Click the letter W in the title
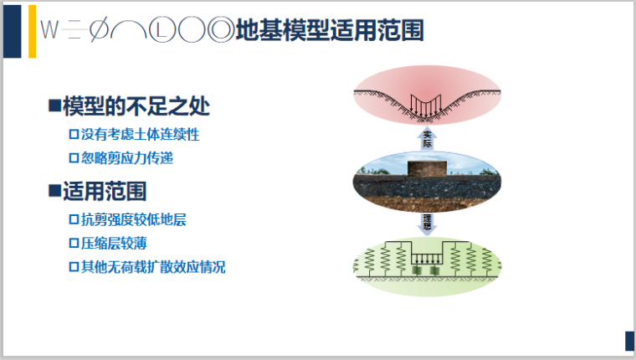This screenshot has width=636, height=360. coord(49,31)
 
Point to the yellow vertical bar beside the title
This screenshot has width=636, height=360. coord(32,31)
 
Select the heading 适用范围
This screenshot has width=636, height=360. coord(105,192)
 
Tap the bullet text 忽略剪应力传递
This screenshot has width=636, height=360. coord(127,157)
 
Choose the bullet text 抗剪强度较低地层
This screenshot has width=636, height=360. coord(133,220)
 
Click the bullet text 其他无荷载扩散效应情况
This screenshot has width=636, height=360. coord(152,268)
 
